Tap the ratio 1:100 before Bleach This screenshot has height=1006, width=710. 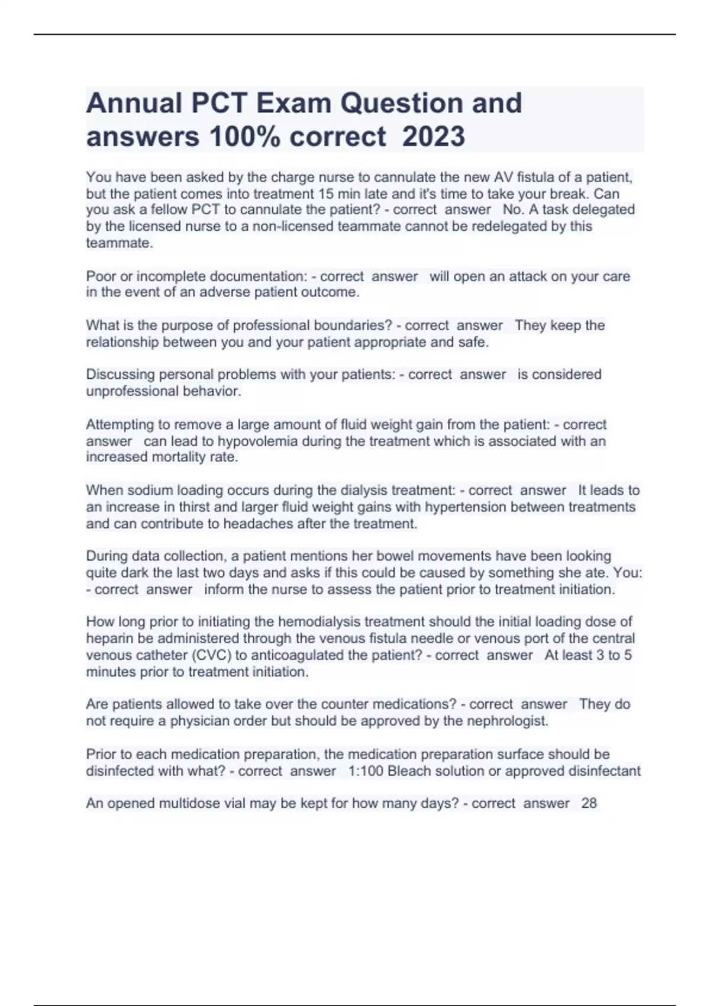point(366,771)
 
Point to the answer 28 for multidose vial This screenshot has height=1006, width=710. point(589,803)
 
